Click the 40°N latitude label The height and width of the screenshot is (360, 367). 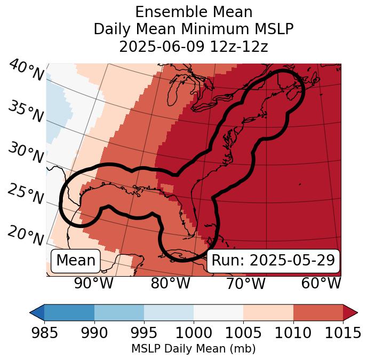(26, 70)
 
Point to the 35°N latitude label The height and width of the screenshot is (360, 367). (26, 111)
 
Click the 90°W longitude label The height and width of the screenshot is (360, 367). (93, 283)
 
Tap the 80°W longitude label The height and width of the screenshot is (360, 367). (171, 283)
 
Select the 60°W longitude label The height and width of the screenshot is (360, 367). (321, 283)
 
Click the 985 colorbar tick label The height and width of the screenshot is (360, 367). (44, 333)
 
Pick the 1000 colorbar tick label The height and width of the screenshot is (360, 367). (194, 333)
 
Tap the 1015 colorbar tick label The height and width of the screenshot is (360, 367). (342, 333)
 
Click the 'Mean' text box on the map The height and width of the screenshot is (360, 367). (76, 261)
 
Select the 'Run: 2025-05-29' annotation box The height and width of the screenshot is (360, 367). (273, 261)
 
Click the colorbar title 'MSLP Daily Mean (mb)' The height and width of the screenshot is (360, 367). (193, 349)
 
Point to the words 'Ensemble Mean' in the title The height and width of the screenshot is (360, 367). (193, 12)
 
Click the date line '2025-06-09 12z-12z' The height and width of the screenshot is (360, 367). (193, 46)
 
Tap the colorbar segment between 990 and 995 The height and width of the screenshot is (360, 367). (119, 312)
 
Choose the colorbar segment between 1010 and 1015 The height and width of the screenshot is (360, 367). (318, 312)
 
